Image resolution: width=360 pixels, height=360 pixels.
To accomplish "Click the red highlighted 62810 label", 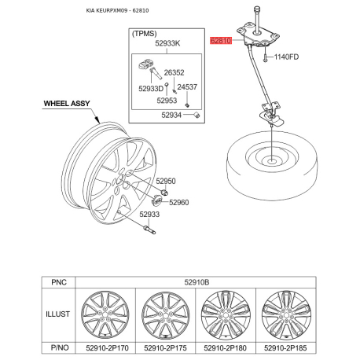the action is [221, 41].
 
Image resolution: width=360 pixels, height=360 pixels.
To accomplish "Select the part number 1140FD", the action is [286, 57].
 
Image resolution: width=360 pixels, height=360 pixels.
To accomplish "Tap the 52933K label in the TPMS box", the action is [167, 43].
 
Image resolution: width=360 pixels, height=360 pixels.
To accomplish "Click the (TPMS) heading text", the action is [145, 34].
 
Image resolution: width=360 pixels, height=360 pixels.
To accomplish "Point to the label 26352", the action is [174, 72].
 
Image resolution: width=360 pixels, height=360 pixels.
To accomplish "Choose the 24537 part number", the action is [187, 86].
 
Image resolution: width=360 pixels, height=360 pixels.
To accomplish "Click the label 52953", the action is [167, 101].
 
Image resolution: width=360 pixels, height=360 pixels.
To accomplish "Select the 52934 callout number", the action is [171, 115].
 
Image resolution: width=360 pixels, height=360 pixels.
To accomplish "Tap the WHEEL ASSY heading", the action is [67, 104].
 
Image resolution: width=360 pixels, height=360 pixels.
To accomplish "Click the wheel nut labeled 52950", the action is [164, 193].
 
